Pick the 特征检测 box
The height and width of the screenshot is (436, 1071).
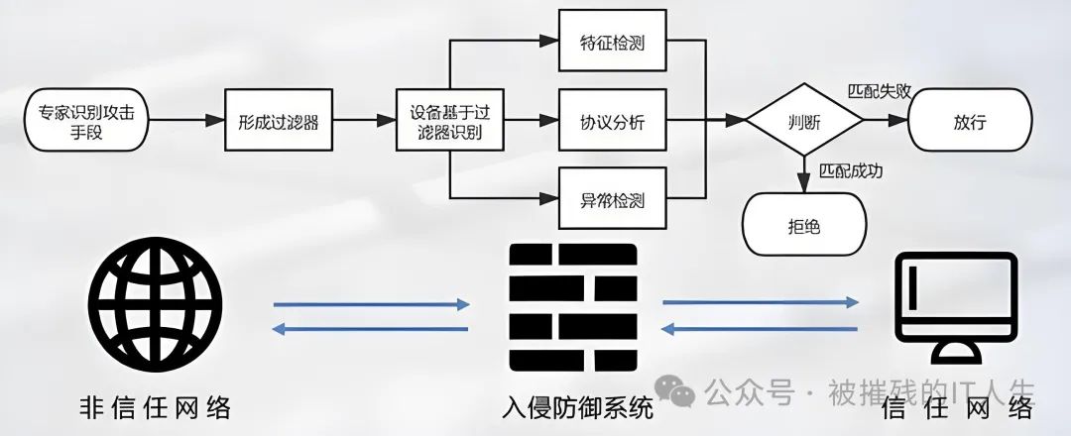(x=611, y=43)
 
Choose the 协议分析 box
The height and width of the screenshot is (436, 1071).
(x=611, y=122)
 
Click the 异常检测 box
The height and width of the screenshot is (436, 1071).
(x=611, y=200)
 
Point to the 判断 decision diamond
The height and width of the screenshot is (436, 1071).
(x=803, y=122)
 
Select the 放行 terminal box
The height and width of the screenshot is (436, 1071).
(x=969, y=121)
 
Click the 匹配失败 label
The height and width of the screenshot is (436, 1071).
(x=879, y=91)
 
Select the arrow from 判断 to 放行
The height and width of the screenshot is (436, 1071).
(x=885, y=121)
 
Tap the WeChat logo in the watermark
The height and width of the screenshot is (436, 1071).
(x=682, y=393)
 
